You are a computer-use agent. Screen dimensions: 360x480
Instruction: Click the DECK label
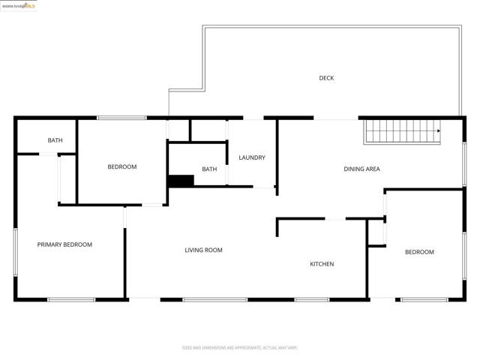(326, 78)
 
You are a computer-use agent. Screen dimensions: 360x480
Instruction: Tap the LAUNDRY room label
(252, 157)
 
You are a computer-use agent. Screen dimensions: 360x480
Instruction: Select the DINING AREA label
(361, 169)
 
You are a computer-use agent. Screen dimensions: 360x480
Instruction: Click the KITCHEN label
(322, 264)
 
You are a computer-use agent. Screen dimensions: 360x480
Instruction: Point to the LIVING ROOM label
(203, 250)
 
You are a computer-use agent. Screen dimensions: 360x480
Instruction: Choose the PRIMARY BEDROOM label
(64, 244)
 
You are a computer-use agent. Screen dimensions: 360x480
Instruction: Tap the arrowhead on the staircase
(438, 130)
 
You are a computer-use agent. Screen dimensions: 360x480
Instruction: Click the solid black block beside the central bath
(181, 181)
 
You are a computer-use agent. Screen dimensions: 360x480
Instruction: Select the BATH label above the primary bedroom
(55, 140)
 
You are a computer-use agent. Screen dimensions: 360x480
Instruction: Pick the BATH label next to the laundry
(209, 169)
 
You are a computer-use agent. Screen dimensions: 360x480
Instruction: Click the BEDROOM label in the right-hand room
(419, 252)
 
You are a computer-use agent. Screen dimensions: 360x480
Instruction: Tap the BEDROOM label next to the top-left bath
(121, 166)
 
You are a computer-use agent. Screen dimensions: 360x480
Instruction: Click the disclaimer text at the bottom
(240, 348)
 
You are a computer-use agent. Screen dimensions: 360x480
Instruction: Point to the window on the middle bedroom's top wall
(122, 117)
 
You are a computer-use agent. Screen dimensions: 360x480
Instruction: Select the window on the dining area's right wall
(464, 164)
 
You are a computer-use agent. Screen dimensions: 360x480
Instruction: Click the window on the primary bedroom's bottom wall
(71, 300)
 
